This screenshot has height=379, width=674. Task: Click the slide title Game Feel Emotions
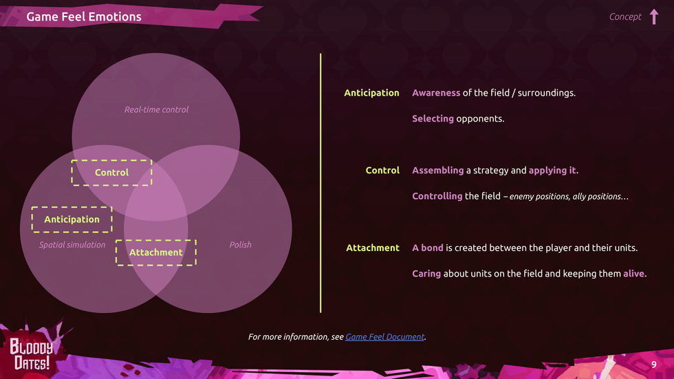pos(84,17)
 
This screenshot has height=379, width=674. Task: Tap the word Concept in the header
pos(624,17)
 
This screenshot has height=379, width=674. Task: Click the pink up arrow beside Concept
pos(653,17)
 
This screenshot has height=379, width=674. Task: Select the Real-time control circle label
pos(156,109)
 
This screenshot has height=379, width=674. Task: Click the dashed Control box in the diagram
pos(111,173)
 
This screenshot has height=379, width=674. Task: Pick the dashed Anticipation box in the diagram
pos(72,219)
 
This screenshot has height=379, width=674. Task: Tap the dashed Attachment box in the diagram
pos(156,252)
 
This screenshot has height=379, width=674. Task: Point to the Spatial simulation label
pos(72,245)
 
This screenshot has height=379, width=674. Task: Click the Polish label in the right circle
pos(240,245)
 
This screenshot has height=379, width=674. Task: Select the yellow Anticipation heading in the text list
pos(371,93)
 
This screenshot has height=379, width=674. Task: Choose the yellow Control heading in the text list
pos(382,170)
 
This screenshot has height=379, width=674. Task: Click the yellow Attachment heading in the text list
pos(373,248)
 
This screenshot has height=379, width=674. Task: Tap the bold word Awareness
pos(436,93)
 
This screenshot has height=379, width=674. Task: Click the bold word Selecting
pos(433,118)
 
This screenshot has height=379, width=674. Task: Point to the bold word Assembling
pos(437,170)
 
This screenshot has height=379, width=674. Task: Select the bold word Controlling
pos(437,196)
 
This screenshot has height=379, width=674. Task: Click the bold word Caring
pos(426,274)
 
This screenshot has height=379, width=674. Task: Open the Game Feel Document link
pos(384,337)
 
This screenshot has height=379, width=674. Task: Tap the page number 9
pos(654,365)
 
